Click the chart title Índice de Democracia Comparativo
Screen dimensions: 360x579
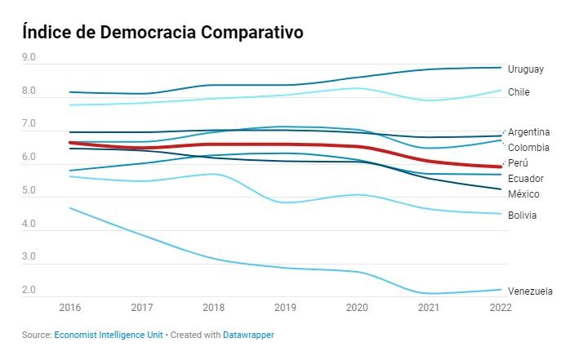click(163, 33)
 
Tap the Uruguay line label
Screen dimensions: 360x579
click(525, 69)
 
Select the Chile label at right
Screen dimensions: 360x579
click(519, 92)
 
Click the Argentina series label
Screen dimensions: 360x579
click(528, 132)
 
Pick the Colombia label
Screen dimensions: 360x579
click(528, 148)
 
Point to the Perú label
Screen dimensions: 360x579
click(518, 163)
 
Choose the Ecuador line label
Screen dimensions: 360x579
click(525, 179)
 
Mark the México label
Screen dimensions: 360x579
click(523, 194)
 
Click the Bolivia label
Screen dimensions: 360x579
click(522, 216)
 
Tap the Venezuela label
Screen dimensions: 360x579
click(530, 291)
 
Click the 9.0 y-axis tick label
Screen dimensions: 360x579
click(29, 58)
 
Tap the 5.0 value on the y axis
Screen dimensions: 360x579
click(29, 191)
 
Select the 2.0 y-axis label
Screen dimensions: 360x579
click(29, 291)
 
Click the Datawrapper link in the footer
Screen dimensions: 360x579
click(251, 336)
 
